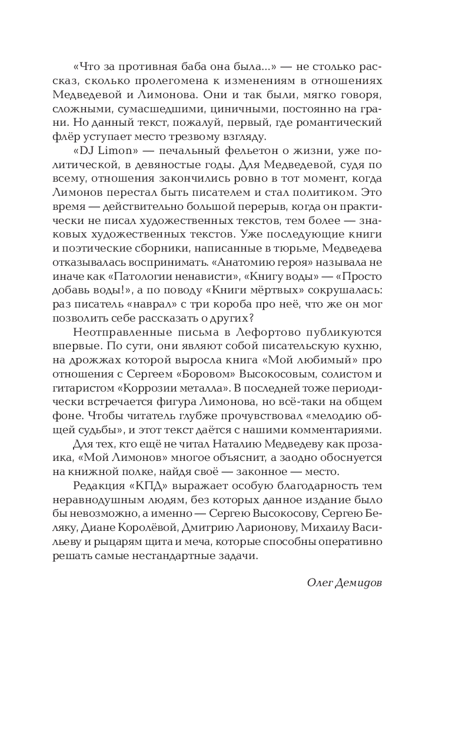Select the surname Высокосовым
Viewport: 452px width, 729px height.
[300, 376]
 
